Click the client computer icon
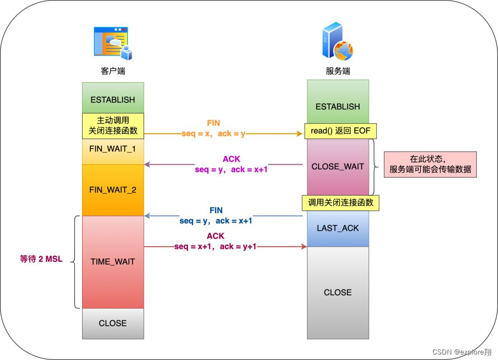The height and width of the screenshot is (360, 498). [x=113, y=43]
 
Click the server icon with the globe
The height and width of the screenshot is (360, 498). [x=338, y=43]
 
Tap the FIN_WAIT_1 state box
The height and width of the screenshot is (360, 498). [x=113, y=150]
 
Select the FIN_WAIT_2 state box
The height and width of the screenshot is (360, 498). [x=113, y=190]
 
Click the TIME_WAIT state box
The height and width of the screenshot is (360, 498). [x=113, y=262]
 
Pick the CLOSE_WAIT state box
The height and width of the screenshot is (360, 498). [x=338, y=167]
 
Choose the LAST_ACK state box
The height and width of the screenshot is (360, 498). [x=338, y=228]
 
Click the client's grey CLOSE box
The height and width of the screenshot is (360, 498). [x=113, y=323]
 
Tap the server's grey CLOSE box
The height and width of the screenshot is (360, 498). [x=338, y=292]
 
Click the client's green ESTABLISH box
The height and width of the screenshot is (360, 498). [x=113, y=99]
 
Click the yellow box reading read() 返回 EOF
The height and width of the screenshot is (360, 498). [x=340, y=131]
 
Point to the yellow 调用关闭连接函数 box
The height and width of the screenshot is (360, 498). [x=340, y=202]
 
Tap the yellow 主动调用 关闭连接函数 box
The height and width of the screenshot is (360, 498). [x=113, y=125]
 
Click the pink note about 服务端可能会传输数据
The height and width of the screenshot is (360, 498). [x=430, y=164]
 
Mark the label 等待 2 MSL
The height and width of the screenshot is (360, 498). [x=41, y=259]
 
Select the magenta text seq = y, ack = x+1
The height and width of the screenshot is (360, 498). [x=231, y=169]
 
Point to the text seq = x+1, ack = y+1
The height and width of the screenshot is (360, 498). [x=215, y=246]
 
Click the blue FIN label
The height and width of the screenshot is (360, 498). [x=216, y=210]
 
